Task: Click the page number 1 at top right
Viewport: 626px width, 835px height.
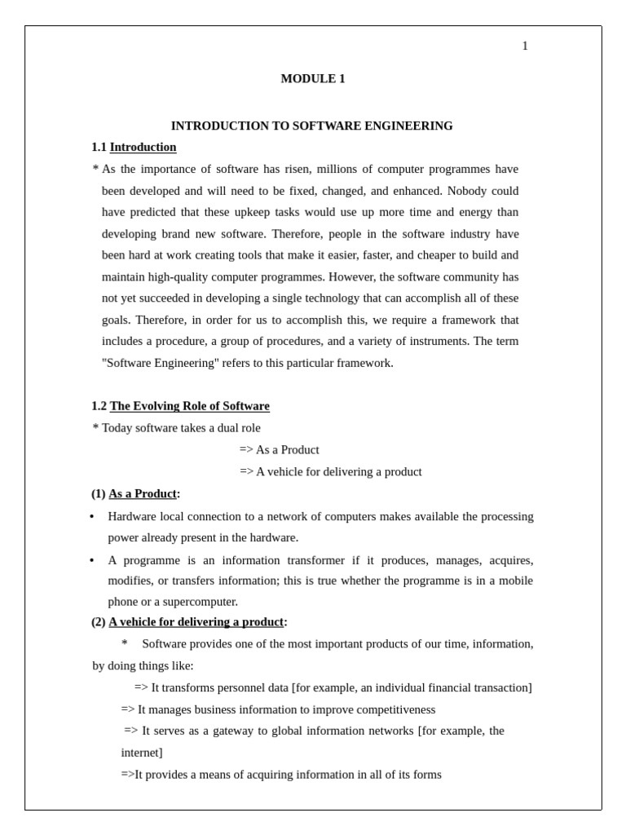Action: pos(525,46)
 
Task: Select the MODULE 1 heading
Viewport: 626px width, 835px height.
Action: pos(313,79)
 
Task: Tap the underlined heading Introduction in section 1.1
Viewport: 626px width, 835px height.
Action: pos(143,148)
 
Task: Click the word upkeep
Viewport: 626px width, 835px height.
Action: pos(249,212)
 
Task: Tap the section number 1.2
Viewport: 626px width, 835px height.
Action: pos(99,406)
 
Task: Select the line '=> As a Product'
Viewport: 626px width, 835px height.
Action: pos(279,450)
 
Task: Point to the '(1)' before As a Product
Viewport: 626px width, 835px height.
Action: pos(99,494)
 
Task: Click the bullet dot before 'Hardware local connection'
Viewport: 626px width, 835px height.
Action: pos(92,517)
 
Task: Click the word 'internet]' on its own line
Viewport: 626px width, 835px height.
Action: pos(142,753)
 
